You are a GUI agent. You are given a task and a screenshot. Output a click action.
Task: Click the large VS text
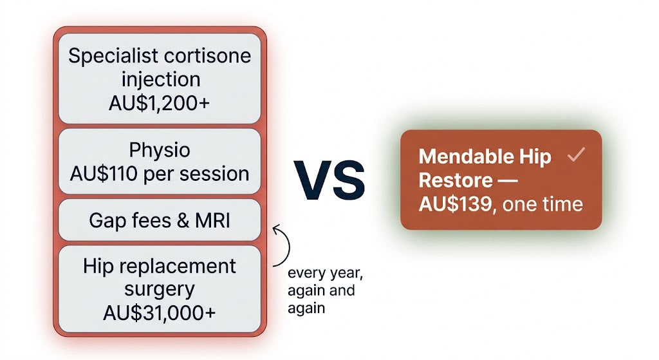[x=329, y=180]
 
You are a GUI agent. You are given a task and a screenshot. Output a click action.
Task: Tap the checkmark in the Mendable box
[x=576, y=155]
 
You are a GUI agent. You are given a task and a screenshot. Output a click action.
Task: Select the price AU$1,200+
[x=160, y=103]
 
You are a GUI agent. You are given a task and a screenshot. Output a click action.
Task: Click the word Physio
[x=160, y=150]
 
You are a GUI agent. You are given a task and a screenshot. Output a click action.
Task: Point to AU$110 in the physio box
[x=104, y=174]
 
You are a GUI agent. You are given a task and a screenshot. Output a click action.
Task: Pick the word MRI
[x=212, y=220]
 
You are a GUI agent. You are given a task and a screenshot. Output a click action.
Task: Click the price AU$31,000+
[x=160, y=312]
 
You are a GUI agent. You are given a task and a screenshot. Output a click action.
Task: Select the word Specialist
[x=113, y=57]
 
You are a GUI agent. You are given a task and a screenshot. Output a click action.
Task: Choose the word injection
[x=161, y=79]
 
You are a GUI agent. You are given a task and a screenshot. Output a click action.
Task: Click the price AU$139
[x=456, y=204]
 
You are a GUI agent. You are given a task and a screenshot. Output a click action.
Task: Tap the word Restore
[x=456, y=180]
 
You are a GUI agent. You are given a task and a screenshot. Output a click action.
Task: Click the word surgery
[x=160, y=290]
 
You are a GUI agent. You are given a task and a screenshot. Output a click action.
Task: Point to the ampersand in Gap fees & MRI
[x=183, y=221]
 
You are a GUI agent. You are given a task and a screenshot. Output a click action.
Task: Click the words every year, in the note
[x=325, y=273]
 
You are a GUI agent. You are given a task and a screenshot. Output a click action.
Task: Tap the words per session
[x=196, y=174]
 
